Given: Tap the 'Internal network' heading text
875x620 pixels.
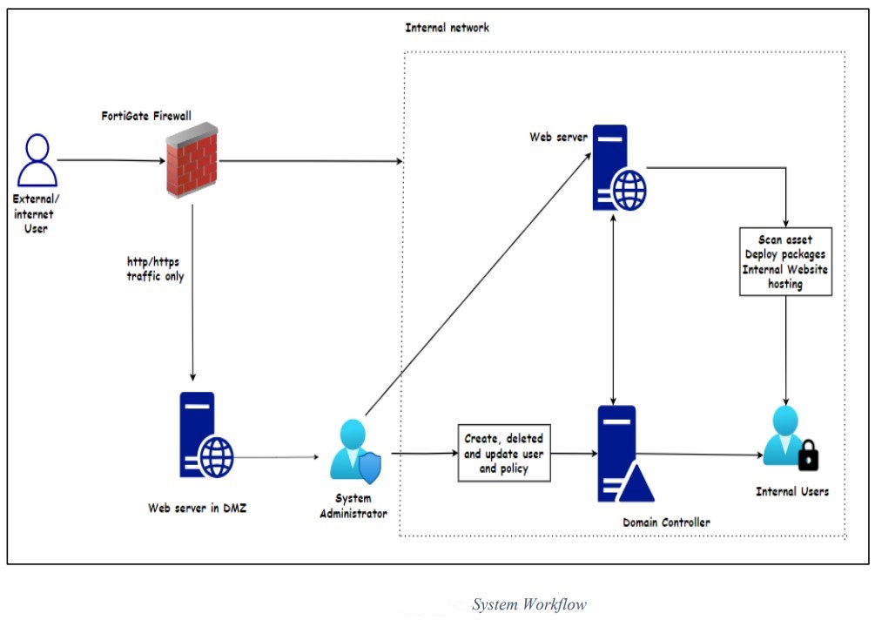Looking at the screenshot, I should pyautogui.click(x=447, y=28).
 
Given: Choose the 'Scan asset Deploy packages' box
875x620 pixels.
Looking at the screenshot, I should pyautogui.click(x=785, y=261).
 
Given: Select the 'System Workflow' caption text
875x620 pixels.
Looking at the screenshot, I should pyautogui.click(x=528, y=604).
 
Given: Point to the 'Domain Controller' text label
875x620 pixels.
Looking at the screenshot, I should pyautogui.click(x=666, y=522).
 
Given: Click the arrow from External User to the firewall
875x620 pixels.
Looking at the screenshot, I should pyautogui.click(x=109, y=160).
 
